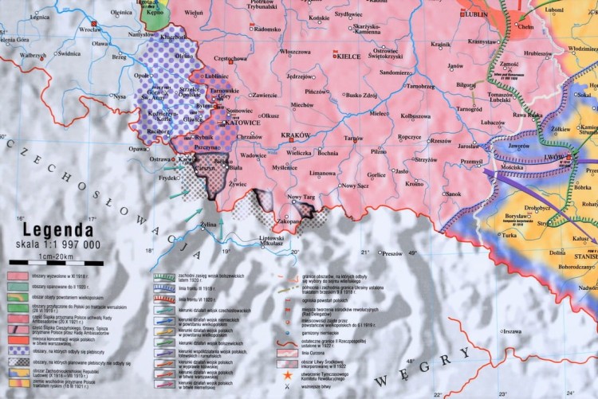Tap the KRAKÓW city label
pos(295,136)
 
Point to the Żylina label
pos(208,225)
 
